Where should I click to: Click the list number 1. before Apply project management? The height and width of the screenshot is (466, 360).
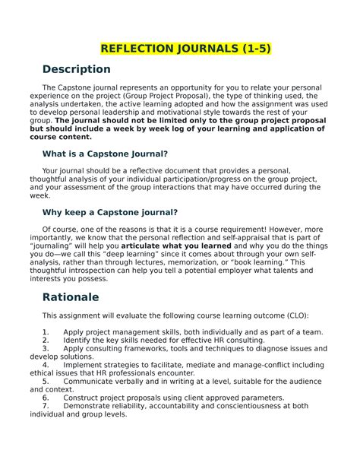click(x=46, y=331)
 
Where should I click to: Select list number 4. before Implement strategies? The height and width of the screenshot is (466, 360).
click(x=46, y=364)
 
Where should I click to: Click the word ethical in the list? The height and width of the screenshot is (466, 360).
click(x=55, y=372)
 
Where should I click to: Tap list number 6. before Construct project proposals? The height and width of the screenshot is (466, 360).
click(x=46, y=398)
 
